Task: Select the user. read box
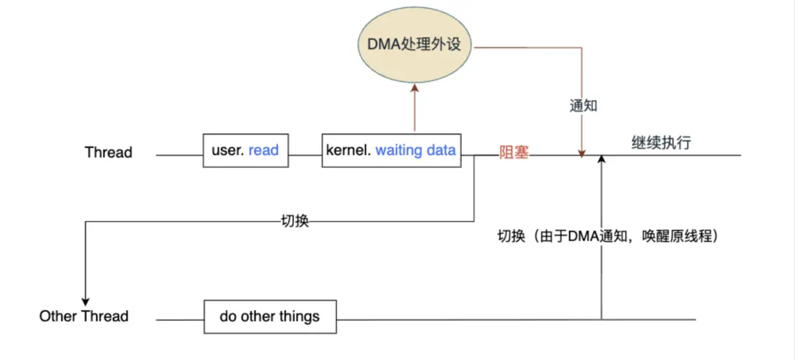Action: pyautogui.click(x=244, y=151)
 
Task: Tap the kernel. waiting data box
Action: pyautogui.click(x=391, y=151)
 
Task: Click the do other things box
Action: pyautogui.click(x=269, y=316)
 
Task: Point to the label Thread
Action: pyautogui.click(x=109, y=152)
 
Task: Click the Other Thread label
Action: pyautogui.click(x=84, y=317)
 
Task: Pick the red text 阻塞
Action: pyautogui.click(x=513, y=153)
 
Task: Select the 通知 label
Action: pyautogui.click(x=583, y=106)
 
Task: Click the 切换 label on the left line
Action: pyautogui.click(x=295, y=221)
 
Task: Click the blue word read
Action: pyautogui.click(x=263, y=151)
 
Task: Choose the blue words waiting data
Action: pyautogui.click(x=415, y=151)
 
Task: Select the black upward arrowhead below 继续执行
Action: pyautogui.click(x=602, y=159)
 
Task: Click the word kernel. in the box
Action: pyautogui.click(x=348, y=151)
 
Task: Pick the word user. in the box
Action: pyautogui.click(x=228, y=151)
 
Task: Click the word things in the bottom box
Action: pyautogui.click(x=299, y=316)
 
